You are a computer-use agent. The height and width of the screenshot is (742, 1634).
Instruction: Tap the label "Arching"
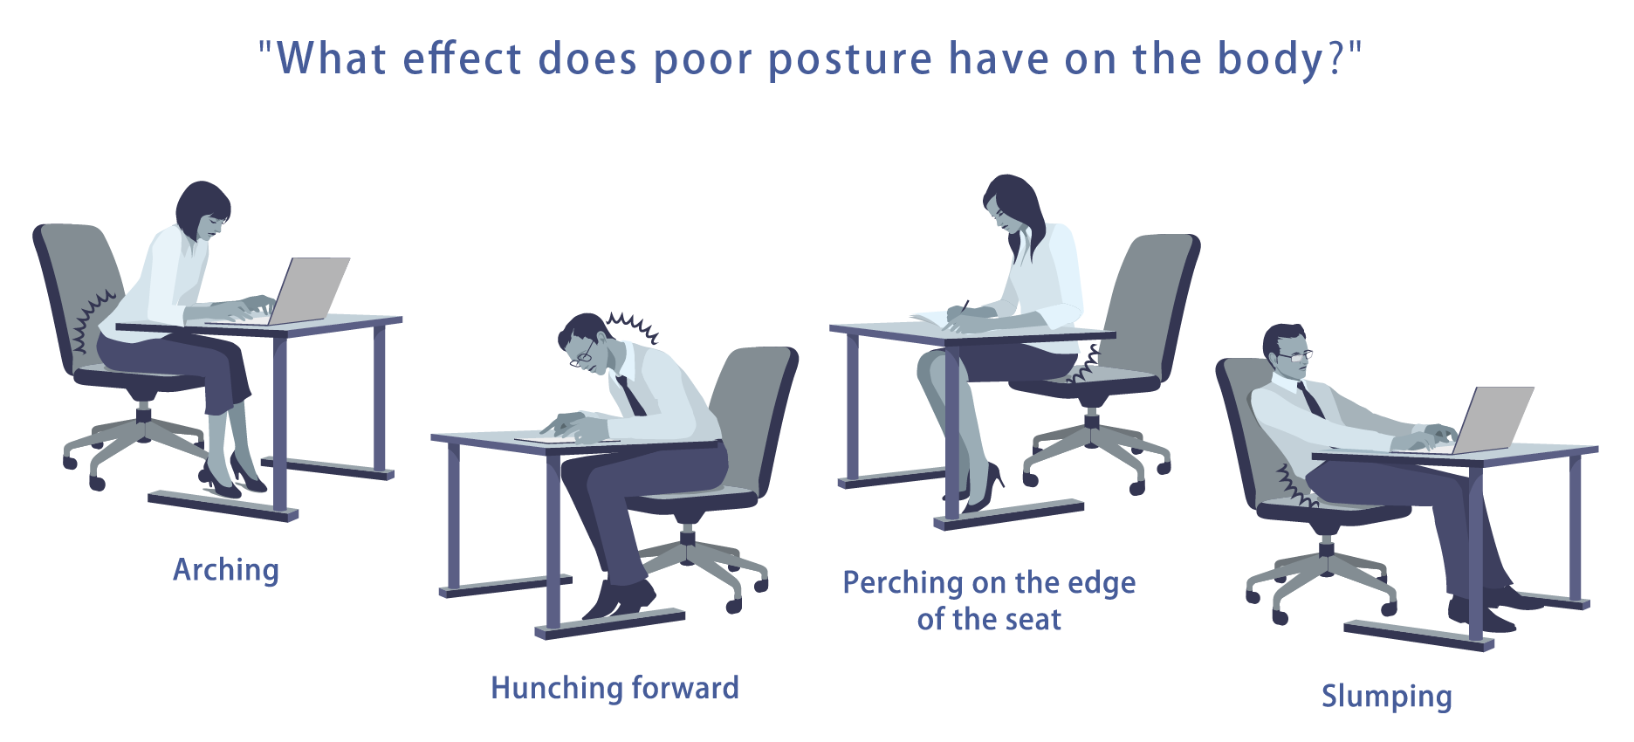[226, 570]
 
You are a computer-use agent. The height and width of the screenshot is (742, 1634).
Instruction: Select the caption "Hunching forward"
[614, 688]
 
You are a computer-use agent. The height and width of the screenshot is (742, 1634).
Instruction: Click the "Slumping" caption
[1386, 697]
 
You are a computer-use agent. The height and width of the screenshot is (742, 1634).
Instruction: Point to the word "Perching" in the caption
[900, 582]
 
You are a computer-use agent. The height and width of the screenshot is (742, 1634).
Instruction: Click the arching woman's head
[204, 210]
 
